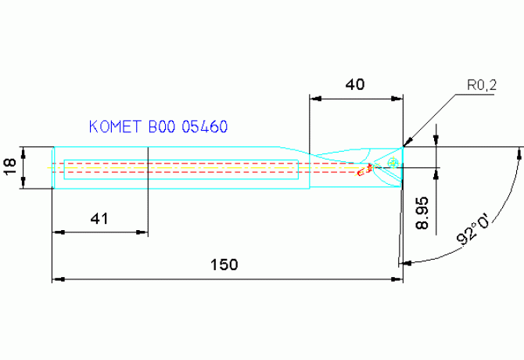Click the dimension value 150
pyautogui.click(x=224, y=265)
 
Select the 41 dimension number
pyautogui.click(x=99, y=219)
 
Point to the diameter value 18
pyautogui.click(x=11, y=167)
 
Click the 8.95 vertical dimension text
pyautogui.click(x=422, y=213)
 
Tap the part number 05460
pyautogui.click(x=205, y=127)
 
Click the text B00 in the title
pyautogui.click(x=162, y=127)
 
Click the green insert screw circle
pyautogui.click(x=392, y=162)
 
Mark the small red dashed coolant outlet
pyautogui.click(x=362, y=171)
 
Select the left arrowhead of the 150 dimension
pyautogui.click(x=57, y=279)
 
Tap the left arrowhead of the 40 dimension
pyautogui.click(x=315, y=99)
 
